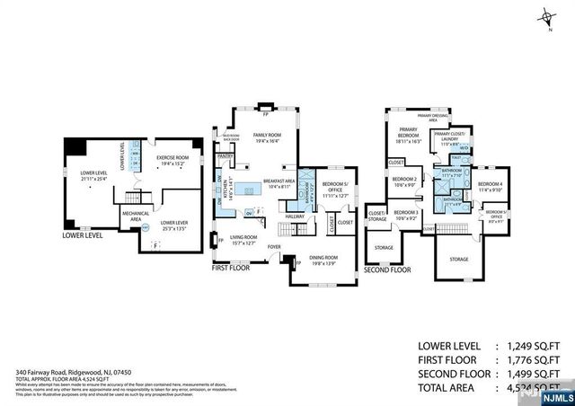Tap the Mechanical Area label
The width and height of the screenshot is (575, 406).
coord(135,216)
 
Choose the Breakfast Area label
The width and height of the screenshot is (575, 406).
coord(279,185)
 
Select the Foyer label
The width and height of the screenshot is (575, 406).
coord(273,246)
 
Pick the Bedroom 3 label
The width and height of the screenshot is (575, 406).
coord(405,215)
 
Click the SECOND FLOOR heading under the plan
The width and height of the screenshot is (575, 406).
coord(388,269)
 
